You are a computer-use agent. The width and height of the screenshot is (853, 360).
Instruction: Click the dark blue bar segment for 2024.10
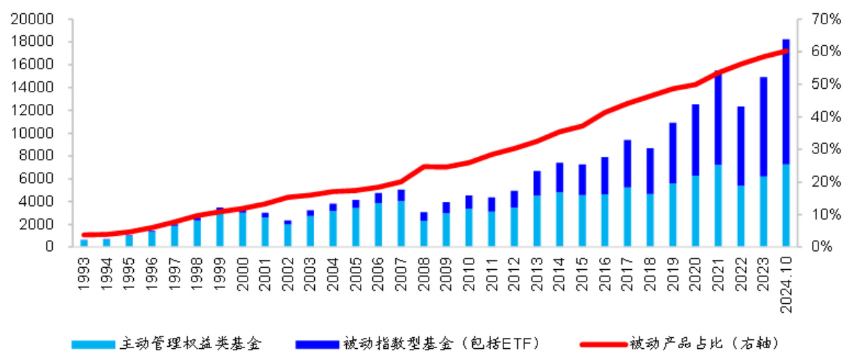click(786, 104)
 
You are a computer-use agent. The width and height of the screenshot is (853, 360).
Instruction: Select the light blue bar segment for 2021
click(718, 205)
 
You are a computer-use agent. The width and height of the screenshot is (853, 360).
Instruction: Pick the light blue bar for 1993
click(85, 243)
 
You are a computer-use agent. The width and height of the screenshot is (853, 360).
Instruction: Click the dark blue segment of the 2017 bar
click(627, 164)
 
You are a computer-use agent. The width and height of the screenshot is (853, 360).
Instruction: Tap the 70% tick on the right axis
click(812, 19)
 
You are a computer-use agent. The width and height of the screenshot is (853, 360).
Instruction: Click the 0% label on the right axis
click(809, 247)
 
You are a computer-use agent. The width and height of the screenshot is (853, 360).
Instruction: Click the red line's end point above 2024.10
click(786, 51)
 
